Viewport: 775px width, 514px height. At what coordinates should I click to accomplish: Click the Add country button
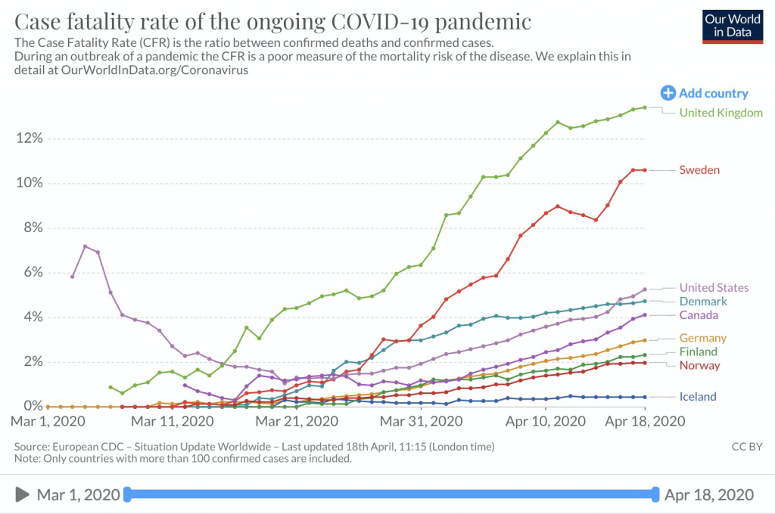tap(705, 94)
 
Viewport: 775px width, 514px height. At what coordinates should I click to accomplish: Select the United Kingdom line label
tap(721, 113)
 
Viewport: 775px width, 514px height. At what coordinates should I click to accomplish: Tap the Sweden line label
tap(699, 170)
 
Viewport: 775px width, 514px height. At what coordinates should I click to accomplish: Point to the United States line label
tap(714, 287)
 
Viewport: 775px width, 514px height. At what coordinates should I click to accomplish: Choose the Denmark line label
tap(703, 301)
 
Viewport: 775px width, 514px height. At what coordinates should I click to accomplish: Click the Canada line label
tap(699, 315)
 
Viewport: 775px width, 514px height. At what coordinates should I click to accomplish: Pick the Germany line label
tap(702, 338)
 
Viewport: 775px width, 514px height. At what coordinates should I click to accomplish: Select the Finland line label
tap(698, 351)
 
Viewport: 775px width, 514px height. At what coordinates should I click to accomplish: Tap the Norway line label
tap(700, 366)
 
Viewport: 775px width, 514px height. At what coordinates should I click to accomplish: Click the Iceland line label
tap(698, 397)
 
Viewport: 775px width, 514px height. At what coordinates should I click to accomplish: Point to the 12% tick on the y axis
tap(29, 138)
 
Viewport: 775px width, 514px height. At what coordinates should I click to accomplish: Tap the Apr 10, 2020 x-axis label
tap(546, 420)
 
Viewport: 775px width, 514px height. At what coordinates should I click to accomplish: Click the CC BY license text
tap(745, 447)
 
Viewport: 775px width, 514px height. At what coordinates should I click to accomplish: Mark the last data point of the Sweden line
tap(644, 170)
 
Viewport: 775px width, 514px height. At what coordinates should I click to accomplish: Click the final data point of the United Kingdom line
tap(644, 107)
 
